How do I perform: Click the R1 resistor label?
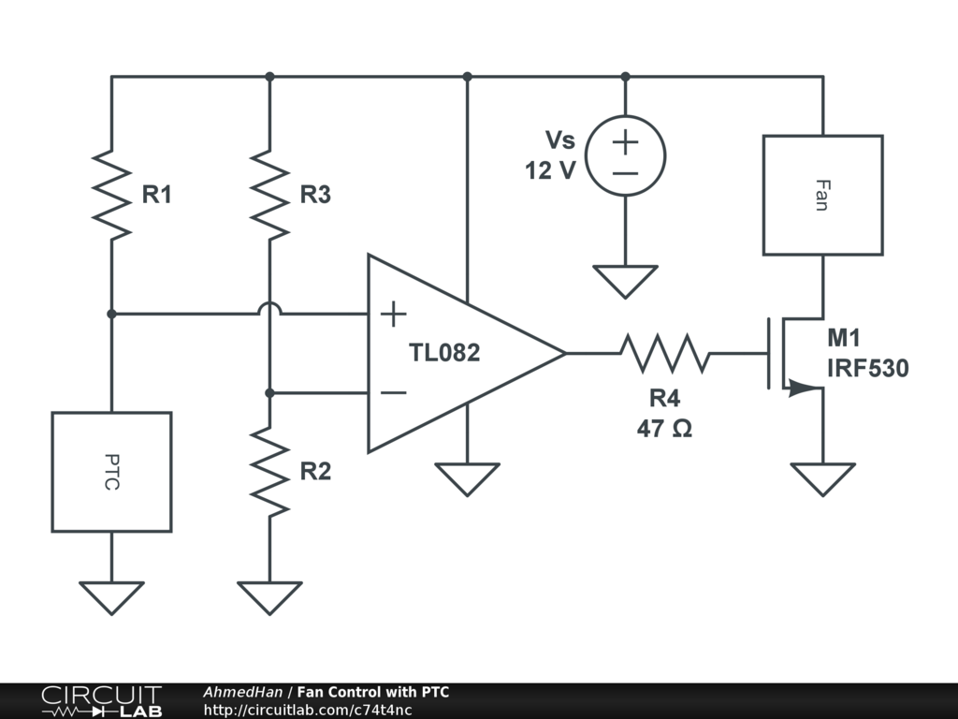pyautogui.click(x=157, y=196)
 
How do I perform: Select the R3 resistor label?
pyautogui.click(x=315, y=196)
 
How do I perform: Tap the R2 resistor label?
pyautogui.click(x=315, y=472)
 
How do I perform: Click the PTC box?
pyautogui.click(x=111, y=472)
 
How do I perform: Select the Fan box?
pyautogui.click(x=822, y=195)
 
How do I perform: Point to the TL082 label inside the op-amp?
pyautogui.click(x=444, y=353)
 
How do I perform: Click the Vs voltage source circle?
pyautogui.click(x=626, y=155)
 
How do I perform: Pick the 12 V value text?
pyautogui.click(x=550, y=171)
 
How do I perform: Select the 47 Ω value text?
pyautogui.click(x=663, y=429)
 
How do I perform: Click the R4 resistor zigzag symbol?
pyautogui.click(x=663, y=353)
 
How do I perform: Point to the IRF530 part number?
pyautogui.click(x=867, y=369)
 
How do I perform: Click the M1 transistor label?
pyautogui.click(x=843, y=339)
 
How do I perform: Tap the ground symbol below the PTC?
pyautogui.click(x=111, y=596)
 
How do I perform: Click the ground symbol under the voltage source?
pyautogui.click(x=626, y=280)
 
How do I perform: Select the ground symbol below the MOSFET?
pyautogui.click(x=822, y=478)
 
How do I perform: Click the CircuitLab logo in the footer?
pyautogui.click(x=101, y=701)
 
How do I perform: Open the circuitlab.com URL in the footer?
pyautogui.click(x=308, y=710)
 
